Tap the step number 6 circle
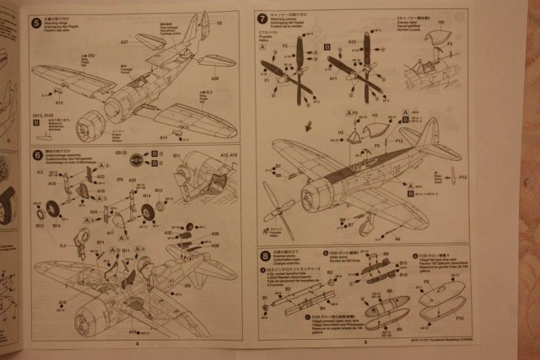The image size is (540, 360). click(36, 155)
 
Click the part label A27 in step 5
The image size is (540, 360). click(124, 41)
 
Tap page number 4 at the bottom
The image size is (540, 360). click(138, 343)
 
